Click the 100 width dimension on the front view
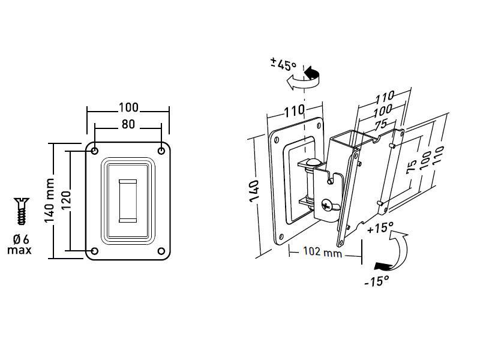[128, 107]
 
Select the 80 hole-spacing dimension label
[128, 124]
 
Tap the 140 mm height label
[49, 200]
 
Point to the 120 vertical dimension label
[66, 200]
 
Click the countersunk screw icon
[22, 211]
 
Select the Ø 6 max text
[20, 244]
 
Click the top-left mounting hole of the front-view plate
[95, 151]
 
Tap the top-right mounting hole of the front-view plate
[161, 151]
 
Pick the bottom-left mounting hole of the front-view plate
[95, 251]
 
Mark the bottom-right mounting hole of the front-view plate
[161, 251]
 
